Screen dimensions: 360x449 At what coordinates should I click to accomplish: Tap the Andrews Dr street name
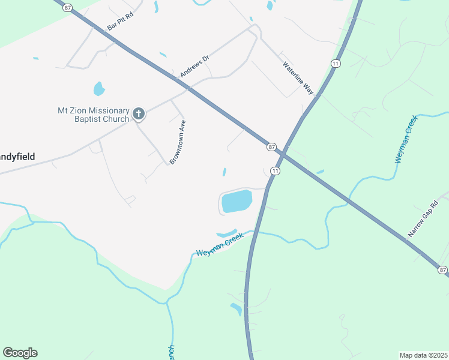pyautogui.click(x=194, y=66)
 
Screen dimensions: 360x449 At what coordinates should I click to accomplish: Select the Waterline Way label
pyautogui.click(x=299, y=78)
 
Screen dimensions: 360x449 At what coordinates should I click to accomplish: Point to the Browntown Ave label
pyautogui.click(x=176, y=142)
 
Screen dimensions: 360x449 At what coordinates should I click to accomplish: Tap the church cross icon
pyautogui.click(x=139, y=113)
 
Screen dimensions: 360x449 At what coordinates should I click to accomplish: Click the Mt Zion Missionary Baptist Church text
pyautogui.click(x=93, y=115)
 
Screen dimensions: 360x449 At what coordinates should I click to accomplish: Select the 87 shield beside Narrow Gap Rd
pyautogui.click(x=443, y=271)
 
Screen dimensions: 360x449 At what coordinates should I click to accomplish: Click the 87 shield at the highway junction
pyautogui.click(x=272, y=147)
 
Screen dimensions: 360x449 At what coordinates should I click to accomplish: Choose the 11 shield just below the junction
pyautogui.click(x=275, y=171)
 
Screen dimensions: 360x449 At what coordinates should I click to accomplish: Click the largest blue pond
pyautogui.click(x=237, y=201)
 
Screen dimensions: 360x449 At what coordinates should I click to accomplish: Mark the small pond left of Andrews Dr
pyautogui.click(x=99, y=89)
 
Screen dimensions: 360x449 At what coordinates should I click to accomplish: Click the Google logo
pyautogui.click(x=20, y=353)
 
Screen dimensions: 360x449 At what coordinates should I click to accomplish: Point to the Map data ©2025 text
pyautogui.click(x=424, y=355)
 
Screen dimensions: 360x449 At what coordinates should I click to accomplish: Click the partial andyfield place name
pyautogui.click(x=17, y=157)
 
